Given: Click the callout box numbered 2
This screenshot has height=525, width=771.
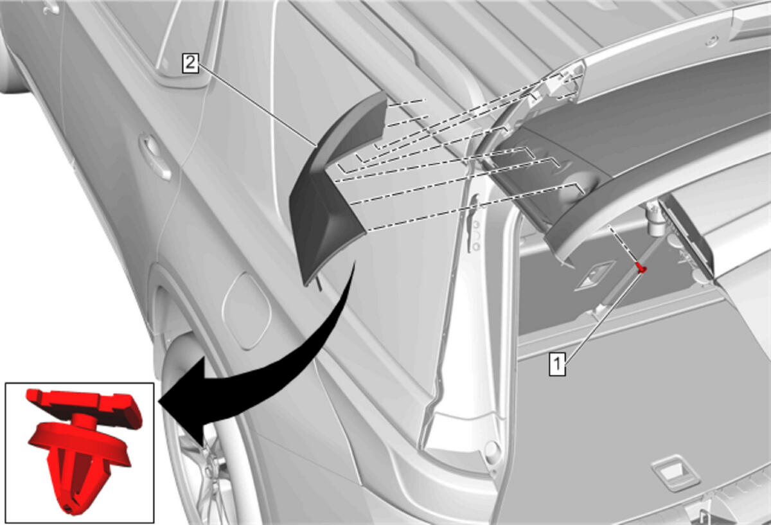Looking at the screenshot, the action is pyautogui.click(x=190, y=64).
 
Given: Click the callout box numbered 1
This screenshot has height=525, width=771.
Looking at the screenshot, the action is pyautogui.click(x=557, y=364).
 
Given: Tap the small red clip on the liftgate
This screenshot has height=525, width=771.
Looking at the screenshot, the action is pyautogui.click(x=641, y=267).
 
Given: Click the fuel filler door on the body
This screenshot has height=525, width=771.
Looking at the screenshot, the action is pyautogui.click(x=247, y=311).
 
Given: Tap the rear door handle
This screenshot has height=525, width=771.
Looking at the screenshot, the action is pyautogui.click(x=154, y=157).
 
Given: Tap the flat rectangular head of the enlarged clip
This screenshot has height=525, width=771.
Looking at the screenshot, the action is pyautogui.click(x=85, y=406).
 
